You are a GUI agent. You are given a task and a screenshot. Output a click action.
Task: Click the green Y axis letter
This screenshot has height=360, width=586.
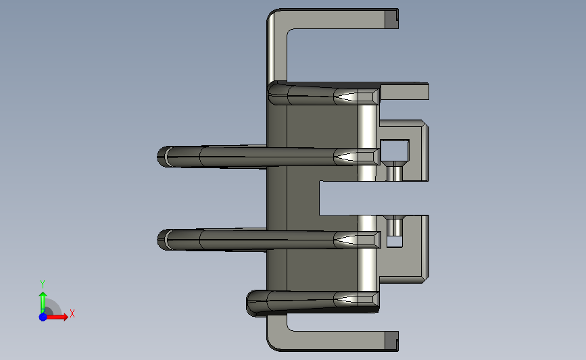click(42, 284)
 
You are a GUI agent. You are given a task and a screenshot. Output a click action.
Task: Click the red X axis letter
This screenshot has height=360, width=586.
click(72, 313)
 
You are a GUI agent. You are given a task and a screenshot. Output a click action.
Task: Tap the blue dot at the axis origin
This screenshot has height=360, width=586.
click(43, 317)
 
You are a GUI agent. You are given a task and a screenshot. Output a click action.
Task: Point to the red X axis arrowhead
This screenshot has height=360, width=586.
click(65, 317)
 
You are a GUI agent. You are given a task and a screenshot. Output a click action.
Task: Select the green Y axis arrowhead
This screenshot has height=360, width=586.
click(43, 296)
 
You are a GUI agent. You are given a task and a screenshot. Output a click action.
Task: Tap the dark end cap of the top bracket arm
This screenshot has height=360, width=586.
click(391, 19)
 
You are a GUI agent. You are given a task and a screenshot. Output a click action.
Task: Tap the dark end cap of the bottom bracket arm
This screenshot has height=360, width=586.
click(391, 341)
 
